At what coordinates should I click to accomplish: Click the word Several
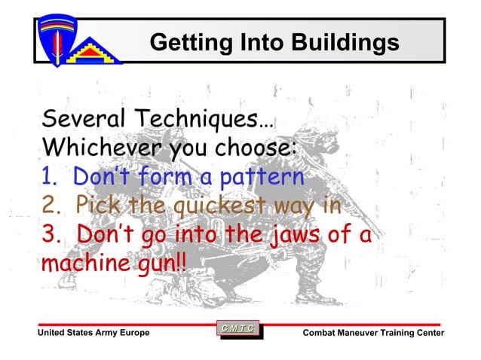click(x=81, y=119)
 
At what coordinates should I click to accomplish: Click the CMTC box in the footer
click(x=238, y=328)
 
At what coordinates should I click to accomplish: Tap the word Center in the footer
click(x=427, y=333)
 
